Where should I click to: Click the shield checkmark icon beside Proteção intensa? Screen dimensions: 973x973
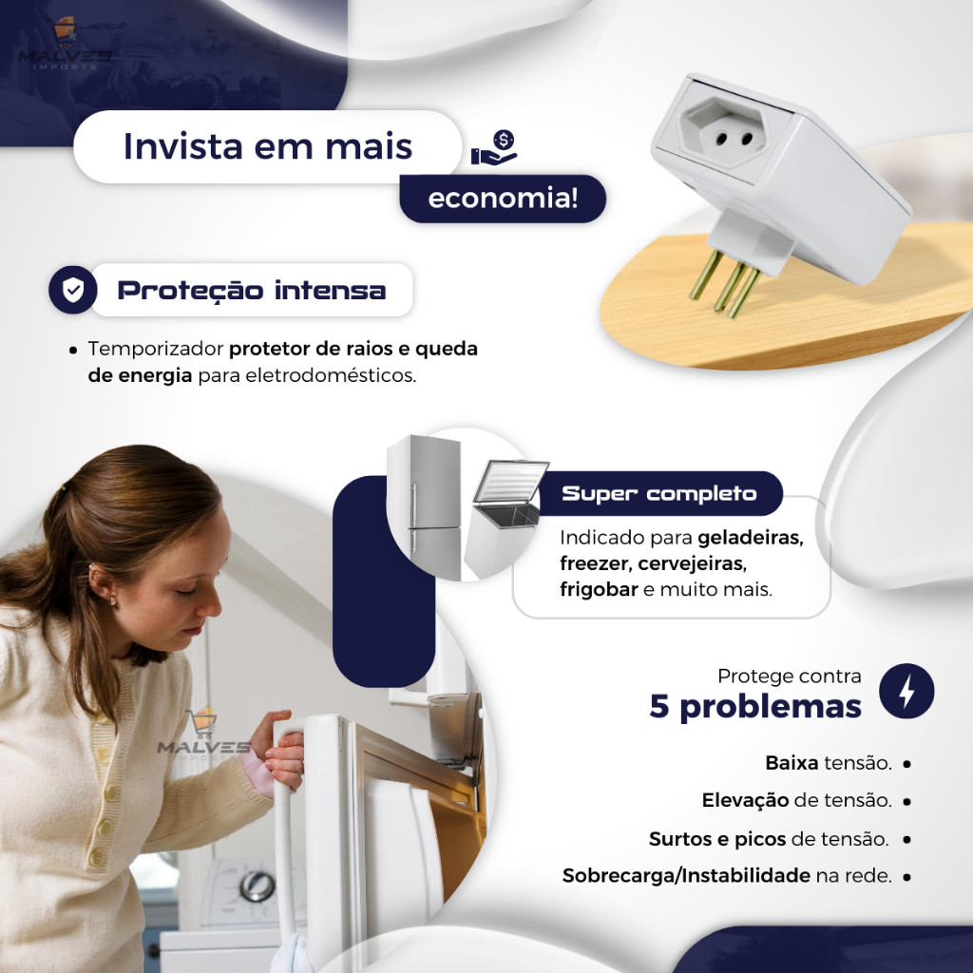tap(72, 290)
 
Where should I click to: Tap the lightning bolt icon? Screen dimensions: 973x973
tap(906, 691)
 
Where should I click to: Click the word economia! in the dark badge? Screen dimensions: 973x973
tap(504, 198)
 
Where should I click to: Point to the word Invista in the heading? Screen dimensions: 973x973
tap(183, 146)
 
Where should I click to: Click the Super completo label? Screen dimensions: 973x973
tap(659, 493)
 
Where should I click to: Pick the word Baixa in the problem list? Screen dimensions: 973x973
tap(792, 763)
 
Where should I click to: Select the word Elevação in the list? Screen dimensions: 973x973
tap(745, 800)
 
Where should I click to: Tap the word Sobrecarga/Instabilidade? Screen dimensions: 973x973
tap(686, 875)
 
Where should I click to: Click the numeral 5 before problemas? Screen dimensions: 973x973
tap(659, 706)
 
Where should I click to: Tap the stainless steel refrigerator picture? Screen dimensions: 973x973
tap(425, 507)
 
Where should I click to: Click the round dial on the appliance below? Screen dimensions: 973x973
tap(258, 887)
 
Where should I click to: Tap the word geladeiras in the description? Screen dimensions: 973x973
tap(751, 538)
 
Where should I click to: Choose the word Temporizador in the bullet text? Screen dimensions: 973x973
tap(155, 349)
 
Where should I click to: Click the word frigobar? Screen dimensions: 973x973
tap(599, 589)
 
